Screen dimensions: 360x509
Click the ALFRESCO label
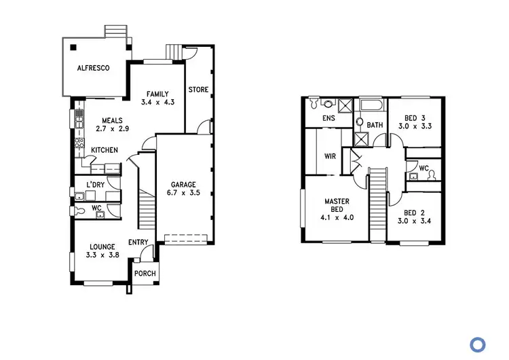point(93,68)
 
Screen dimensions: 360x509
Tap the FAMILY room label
point(157,94)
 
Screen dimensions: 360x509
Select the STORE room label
point(198,90)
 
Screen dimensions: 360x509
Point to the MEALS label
point(112,120)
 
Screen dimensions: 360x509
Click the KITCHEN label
point(105,150)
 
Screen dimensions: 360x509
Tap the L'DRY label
point(94,185)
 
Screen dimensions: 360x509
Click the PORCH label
point(145,274)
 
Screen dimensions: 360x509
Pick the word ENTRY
point(138,243)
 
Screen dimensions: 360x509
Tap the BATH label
point(375,126)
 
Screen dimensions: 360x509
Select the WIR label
point(331,156)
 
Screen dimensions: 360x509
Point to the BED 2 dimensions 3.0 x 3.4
point(414,221)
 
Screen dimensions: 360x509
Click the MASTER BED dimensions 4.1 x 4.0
point(337,218)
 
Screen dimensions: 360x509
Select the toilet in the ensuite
point(314,105)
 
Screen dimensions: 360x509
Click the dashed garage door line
point(183,239)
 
